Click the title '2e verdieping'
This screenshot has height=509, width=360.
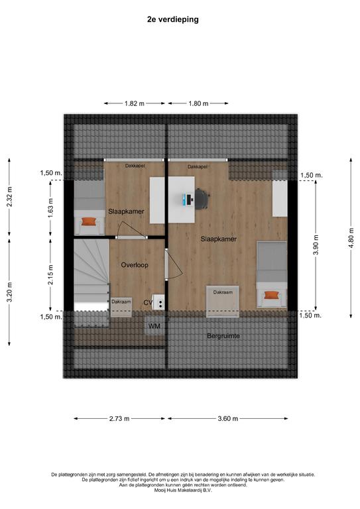tap(172, 19)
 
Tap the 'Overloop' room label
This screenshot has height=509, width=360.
tap(135, 265)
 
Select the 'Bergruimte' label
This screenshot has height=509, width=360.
tap(223, 336)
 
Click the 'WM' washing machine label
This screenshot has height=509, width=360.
tap(154, 325)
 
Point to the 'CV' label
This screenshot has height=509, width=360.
tap(148, 303)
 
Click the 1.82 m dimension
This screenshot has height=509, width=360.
tap(135, 103)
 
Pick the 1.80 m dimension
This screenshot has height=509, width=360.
tap(198, 103)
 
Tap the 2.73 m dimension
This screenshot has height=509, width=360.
tap(119, 418)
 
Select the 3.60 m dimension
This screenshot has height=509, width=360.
tap(228, 418)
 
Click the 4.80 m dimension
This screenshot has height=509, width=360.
tap(351, 238)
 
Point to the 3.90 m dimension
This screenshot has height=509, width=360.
tap(316, 245)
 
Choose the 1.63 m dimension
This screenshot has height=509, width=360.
tap(50, 207)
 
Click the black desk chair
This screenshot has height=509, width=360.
tap(202, 199)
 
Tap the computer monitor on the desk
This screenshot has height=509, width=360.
tap(188, 199)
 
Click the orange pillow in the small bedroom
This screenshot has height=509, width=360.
tap(88, 222)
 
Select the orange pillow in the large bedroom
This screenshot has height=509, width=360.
tap(271, 295)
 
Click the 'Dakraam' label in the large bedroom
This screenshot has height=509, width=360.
tap(223, 292)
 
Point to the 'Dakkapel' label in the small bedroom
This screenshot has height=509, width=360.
tap(135, 166)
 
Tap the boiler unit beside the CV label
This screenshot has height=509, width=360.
tap(158, 302)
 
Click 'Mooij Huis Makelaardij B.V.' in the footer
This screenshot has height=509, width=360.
tap(183, 490)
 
